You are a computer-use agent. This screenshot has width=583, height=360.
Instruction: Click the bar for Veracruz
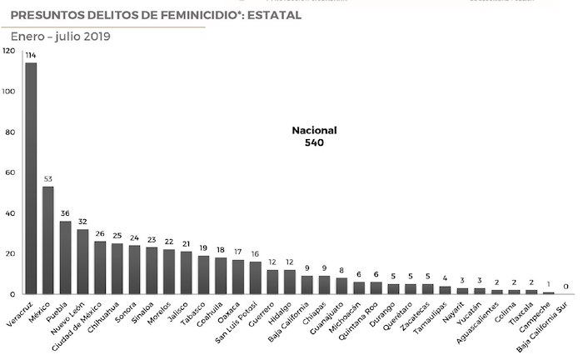pyautogui.click(x=31, y=178)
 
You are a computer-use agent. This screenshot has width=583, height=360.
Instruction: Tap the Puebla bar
pyautogui.click(x=65, y=257)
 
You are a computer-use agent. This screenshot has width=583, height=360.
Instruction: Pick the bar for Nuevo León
pyautogui.click(x=82, y=262)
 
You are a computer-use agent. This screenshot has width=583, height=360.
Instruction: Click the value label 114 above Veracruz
pyautogui.click(x=31, y=55)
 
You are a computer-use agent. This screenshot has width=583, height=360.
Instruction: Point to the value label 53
pyautogui.click(x=48, y=178)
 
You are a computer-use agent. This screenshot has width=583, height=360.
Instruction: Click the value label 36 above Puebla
pyautogui.click(x=65, y=213)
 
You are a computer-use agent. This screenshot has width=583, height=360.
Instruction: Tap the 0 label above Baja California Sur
pyautogui.click(x=566, y=286)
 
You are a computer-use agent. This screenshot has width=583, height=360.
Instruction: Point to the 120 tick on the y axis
pyautogui.click(x=8, y=51)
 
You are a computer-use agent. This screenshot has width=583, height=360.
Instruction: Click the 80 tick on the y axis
pyautogui.click(x=10, y=132)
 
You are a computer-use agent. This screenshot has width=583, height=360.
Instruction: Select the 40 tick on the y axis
pyautogui.click(x=10, y=213)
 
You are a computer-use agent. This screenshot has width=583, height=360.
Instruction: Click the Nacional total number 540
pyautogui.click(x=314, y=143)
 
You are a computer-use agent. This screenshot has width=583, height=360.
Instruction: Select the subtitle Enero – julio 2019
pyautogui.click(x=60, y=36)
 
